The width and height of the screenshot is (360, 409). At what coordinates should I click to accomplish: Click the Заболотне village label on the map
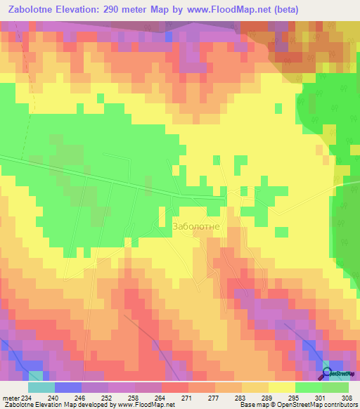pos(196,227)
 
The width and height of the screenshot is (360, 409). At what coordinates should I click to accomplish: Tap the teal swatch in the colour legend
pos(41,388)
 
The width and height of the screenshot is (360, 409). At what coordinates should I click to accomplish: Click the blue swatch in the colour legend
pos(68,388)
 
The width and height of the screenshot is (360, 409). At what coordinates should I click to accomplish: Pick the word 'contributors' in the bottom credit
pos(339,404)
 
